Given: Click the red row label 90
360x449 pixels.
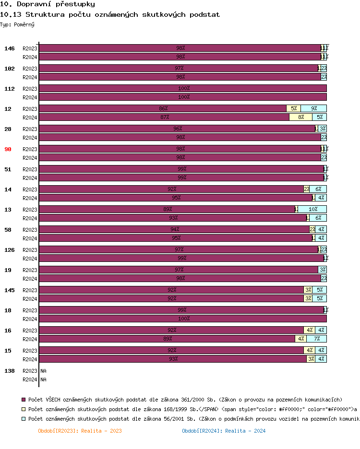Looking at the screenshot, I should point(8,149).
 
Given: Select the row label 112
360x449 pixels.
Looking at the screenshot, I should point(10,89).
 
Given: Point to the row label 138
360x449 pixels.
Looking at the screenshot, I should point(10,371).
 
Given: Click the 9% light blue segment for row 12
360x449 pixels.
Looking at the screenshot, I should point(313,108).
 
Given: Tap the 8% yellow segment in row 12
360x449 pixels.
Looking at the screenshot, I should point(300,117).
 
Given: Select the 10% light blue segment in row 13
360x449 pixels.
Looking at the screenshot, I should point(312,209).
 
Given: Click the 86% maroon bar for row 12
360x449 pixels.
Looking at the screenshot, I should point(163,108).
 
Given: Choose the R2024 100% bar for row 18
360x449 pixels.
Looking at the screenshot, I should point(183,319).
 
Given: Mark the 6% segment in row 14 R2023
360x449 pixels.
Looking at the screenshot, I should point(318,189).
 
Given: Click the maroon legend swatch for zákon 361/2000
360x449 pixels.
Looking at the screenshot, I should point(23,400).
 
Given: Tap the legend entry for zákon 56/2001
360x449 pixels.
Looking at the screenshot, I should point(192,419).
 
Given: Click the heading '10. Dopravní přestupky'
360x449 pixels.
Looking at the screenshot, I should point(47,4).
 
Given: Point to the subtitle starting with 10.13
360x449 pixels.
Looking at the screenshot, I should point(110,14).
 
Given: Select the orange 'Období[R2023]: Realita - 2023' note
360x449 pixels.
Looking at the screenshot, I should point(80,431).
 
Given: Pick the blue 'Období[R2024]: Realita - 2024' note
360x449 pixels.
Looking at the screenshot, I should point(224,431).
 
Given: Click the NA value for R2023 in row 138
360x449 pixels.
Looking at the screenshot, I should point(43,371).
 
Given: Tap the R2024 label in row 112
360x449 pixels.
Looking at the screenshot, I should point(30,97).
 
